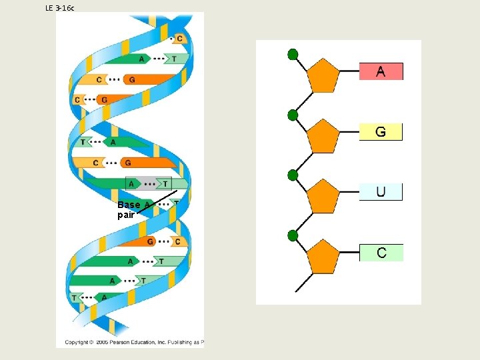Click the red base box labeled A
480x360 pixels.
pos(381,71)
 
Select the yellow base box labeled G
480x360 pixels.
pos(381,131)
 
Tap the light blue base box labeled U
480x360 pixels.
pos(381,191)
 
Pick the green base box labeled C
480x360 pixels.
pos(381,252)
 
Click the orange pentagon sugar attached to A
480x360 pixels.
pos(324,76)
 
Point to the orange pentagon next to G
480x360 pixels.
pos(324,136)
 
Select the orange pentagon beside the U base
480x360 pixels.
pos(324,196)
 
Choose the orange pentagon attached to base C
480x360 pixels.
pos(324,257)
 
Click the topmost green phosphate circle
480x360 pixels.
pos(292,54)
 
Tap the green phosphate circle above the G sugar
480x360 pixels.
pos(292,115)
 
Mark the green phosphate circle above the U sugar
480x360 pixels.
pos(292,175)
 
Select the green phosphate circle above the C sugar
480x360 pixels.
pos(292,235)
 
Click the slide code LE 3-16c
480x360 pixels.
pos(60,7)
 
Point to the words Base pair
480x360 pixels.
pos(128,209)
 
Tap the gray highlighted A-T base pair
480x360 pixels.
pos(148,183)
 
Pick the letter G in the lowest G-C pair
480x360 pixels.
pos(150,241)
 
